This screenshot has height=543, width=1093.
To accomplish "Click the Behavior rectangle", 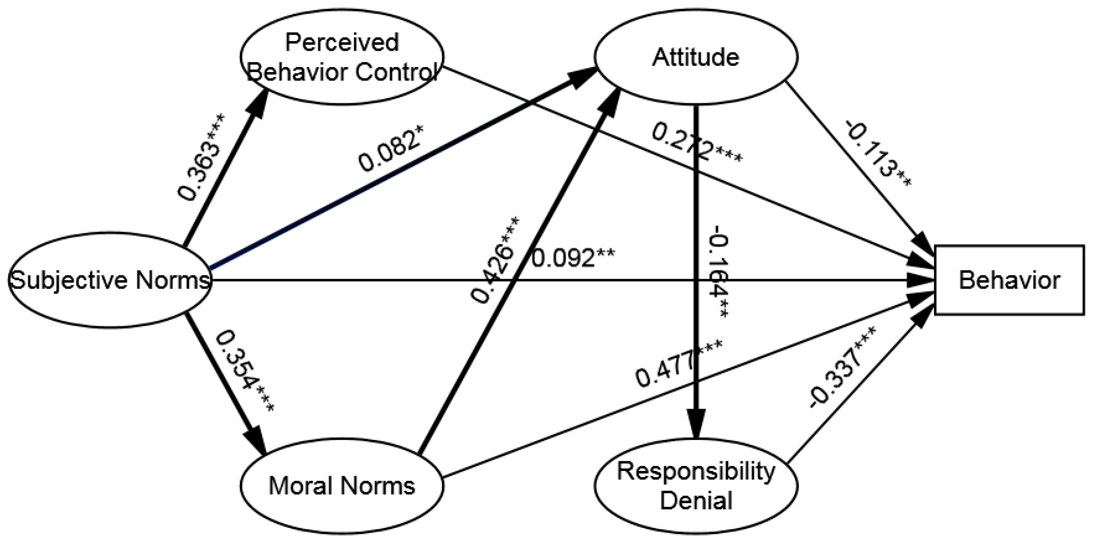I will (x=1009, y=280).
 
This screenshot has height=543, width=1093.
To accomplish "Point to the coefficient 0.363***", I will (x=202, y=157).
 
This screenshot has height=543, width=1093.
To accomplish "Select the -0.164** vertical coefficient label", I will (x=720, y=272).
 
